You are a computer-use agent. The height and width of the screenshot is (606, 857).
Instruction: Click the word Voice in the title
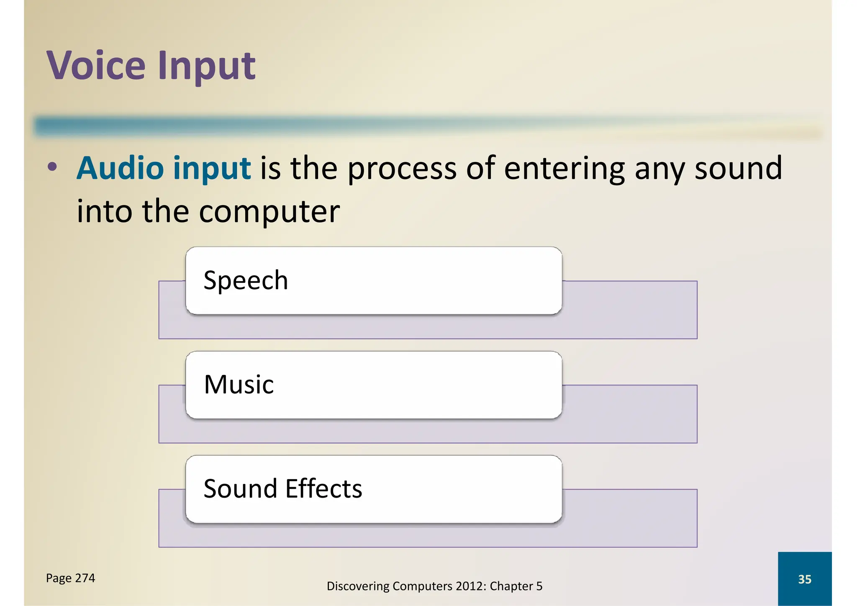96,65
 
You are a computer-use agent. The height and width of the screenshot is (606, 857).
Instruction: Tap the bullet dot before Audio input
52,167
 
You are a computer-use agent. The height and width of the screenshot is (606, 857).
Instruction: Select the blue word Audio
120,168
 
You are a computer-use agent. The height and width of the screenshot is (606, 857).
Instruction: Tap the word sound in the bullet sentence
738,168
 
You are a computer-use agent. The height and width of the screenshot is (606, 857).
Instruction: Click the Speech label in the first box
246,281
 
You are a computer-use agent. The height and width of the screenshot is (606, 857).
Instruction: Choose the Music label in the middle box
239,385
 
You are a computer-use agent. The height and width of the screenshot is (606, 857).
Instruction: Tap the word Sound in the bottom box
240,488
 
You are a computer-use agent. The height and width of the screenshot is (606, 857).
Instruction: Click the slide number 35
804,579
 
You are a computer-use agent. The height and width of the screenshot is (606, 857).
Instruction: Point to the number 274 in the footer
85,578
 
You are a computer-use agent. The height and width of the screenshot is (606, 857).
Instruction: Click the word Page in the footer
59,578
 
